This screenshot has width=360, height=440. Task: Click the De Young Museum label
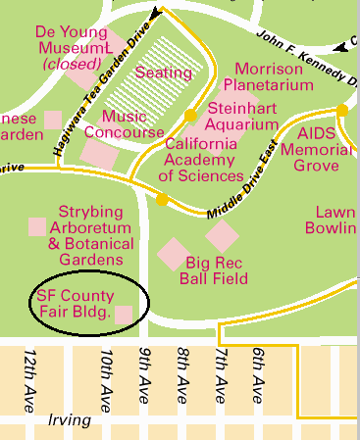click(71, 47)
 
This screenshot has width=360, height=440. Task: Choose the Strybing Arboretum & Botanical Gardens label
click(90, 235)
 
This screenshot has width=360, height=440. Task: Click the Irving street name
click(68, 420)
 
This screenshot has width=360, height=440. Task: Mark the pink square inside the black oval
click(125, 314)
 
